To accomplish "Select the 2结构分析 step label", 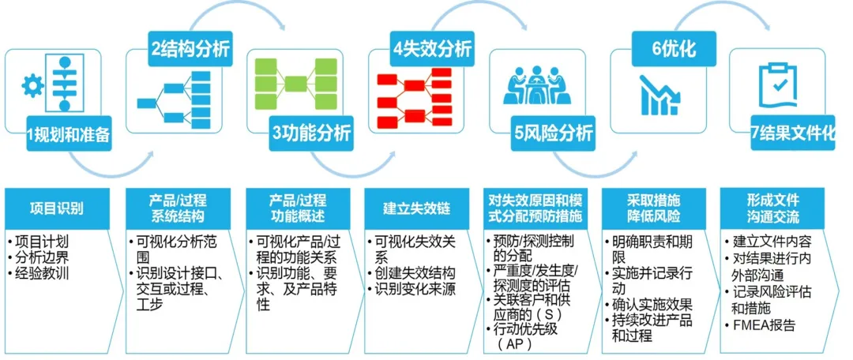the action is pos(191,50).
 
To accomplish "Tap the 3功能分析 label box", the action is pos(311,135).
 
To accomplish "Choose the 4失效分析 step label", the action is pos(433,50).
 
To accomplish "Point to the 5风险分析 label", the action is pos(554,135).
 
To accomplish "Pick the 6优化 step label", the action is pos(674,50).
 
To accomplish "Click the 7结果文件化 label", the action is pos(793,135).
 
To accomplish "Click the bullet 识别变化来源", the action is pos(415,289).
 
